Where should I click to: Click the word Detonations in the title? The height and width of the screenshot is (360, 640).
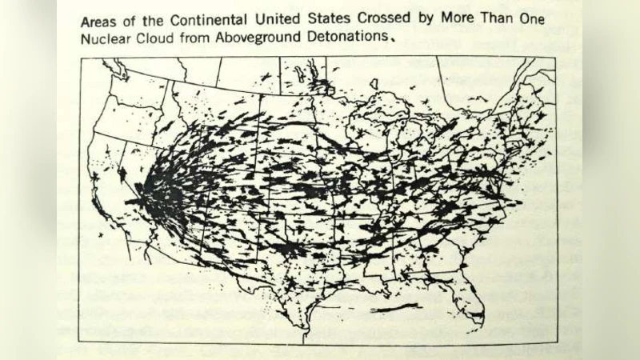pyautogui.click(x=349, y=37)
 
